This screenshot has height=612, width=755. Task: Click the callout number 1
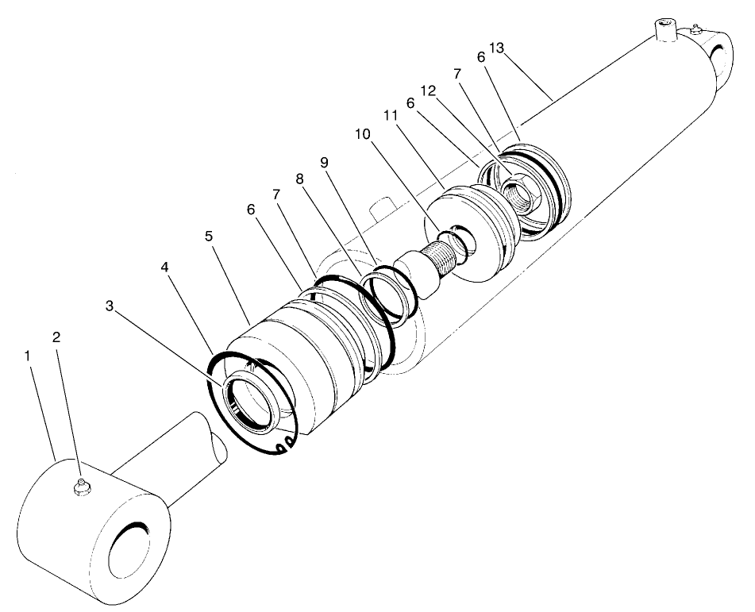click(x=28, y=356)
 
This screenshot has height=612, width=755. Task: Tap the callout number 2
click(x=56, y=337)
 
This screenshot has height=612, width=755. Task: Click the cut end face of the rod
click(x=218, y=438)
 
